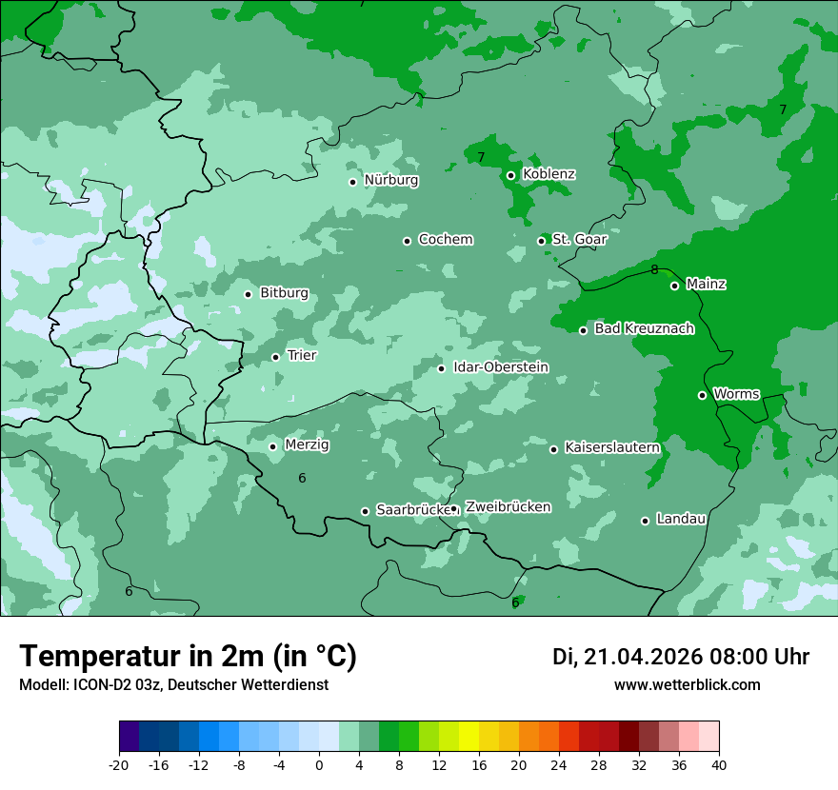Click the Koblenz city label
pyautogui.click(x=549, y=174)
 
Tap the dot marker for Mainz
pyautogui.click(x=674, y=286)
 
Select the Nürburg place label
pyautogui.click(x=390, y=180)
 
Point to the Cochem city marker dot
pyautogui.click(x=407, y=241)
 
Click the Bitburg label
pyautogui.click(x=284, y=293)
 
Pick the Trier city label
pyautogui.click(x=301, y=355)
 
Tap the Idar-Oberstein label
pyautogui.click(x=500, y=367)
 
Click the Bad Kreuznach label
pyautogui.click(x=644, y=328)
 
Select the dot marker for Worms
pyautogui.click(x=702, y=395)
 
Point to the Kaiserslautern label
pyautogui.click(x=611, y=447)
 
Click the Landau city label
pyautogui.click(x=680, y=519)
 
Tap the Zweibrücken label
pyautogui.click(x=508, y=507)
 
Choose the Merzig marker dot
pyautogui.click(x=272, y=446)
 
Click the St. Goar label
pyautogui.click(x=579, y=239)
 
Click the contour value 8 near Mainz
pyautogui.click(x=654, y=270)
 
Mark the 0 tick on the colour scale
pyautogui.click(x=319, y=764)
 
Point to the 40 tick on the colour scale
pyautogui.click(x=718, y=764)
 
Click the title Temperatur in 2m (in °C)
pyautogui.click(x=188, y=657)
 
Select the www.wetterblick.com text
pyautogui.click(x=687, y=684)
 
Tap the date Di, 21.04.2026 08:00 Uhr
pyautogui.click(x=680, y=657)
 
